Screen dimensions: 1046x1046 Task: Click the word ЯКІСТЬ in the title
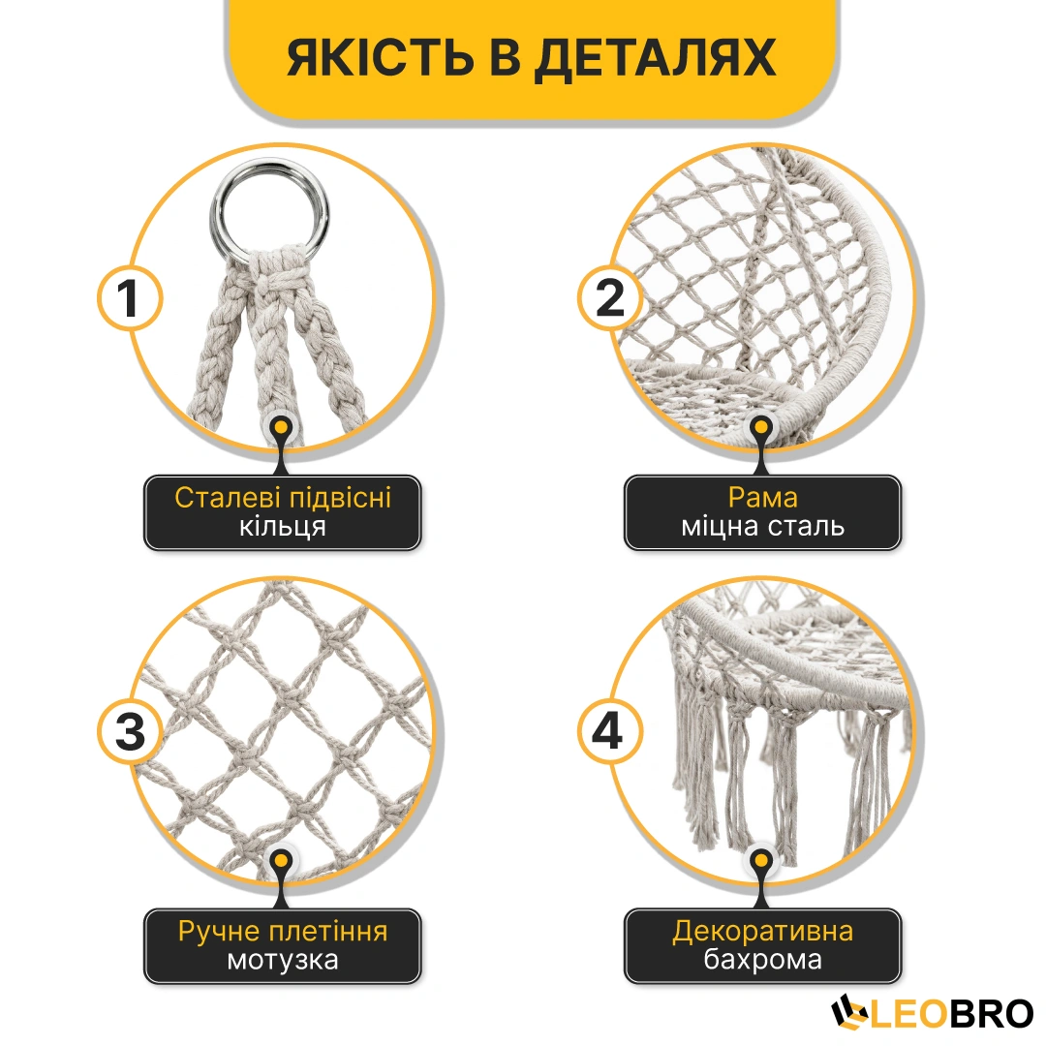381,57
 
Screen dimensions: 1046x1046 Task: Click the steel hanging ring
270,205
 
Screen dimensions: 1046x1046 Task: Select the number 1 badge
130,297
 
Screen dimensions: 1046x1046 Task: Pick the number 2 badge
610,297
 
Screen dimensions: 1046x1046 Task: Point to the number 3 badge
130,731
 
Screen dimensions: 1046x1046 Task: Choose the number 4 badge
610,731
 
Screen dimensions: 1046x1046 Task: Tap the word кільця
282,527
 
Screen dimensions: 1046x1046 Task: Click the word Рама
762,498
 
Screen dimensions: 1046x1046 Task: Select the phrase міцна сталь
762,526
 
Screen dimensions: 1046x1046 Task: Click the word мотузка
282,961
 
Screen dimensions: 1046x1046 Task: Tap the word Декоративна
762,932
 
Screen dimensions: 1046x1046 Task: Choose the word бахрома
762,960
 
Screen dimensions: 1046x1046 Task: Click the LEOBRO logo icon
850,1013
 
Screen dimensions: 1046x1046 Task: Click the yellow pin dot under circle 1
282,427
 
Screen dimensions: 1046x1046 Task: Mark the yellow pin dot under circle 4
761,861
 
